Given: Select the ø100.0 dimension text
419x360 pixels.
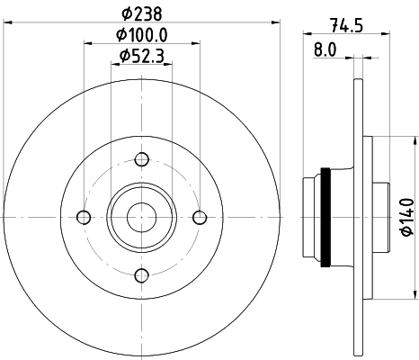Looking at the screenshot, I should (x=144, y=35).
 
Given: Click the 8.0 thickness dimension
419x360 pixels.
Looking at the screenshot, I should (x=324, y=50).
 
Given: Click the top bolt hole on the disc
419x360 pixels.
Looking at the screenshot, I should (x=141, y=160).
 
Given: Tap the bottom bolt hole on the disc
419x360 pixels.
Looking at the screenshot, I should (x=141, y=274).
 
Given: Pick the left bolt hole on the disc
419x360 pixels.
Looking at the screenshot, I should (x=85, y=217).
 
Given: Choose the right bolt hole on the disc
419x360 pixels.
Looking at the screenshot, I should (x=199, y=217).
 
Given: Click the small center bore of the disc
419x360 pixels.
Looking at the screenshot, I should (x=141, y=217).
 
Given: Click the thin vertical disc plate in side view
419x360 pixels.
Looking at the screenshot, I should (x=359, y=217).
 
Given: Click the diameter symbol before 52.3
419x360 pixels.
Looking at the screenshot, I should (x=123, y=57).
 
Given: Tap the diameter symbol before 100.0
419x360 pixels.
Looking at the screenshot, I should (x=121, y=35).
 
